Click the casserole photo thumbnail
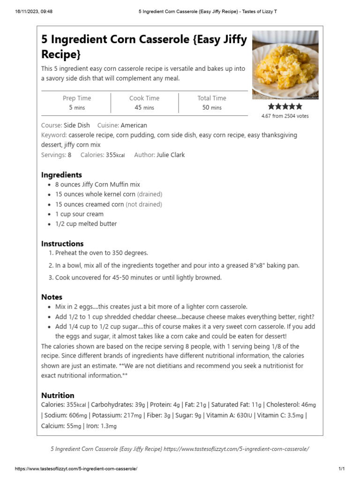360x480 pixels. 285,65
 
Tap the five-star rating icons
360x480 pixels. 285,107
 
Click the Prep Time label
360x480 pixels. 77,98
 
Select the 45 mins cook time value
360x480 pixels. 144,107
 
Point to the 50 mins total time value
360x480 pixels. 212,107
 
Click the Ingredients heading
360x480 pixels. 61,175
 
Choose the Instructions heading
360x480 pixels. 62,244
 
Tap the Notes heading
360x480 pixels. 52,297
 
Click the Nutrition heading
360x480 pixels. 58,395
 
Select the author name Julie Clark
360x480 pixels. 171,155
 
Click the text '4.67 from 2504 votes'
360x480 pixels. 285,116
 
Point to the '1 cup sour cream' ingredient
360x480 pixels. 79,214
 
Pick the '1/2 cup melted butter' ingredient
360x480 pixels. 86,224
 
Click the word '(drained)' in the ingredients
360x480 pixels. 150,194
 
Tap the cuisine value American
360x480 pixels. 134,125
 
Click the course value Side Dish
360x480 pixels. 76,125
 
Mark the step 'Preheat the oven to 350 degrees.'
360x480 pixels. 101,253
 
